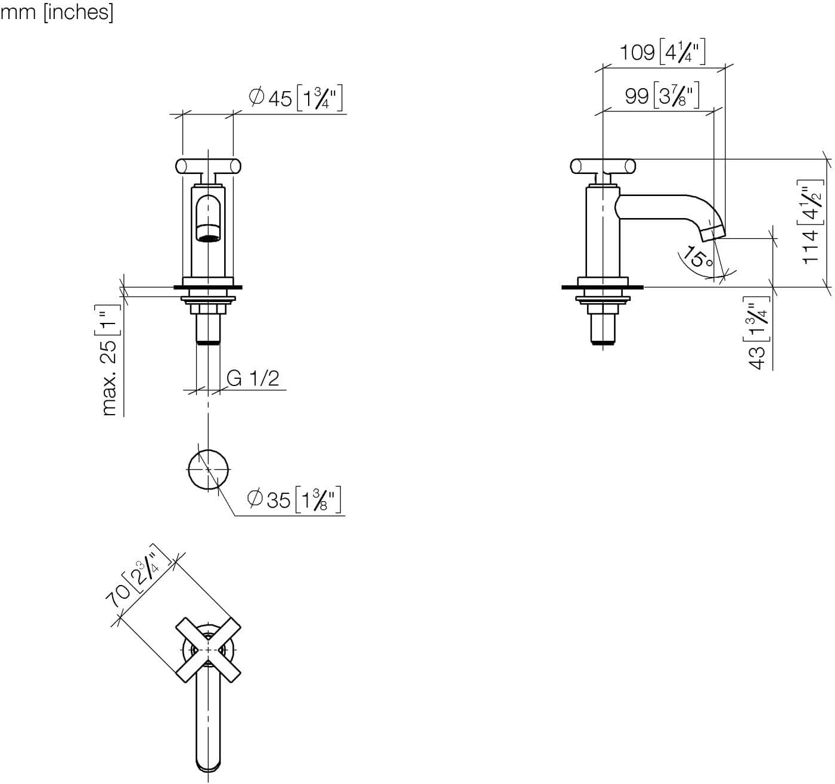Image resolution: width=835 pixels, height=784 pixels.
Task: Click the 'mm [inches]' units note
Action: (x=57, y=11)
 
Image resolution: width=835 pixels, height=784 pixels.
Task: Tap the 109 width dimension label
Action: (x=662, y=52)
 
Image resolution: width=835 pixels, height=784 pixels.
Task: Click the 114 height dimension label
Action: (x=812, y=222)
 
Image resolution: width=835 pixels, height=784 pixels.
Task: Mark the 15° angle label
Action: (x=697, y=257)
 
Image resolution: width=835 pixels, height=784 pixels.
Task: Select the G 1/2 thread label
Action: (x=253, y=378)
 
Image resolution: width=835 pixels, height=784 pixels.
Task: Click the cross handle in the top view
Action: (x=208, y=649)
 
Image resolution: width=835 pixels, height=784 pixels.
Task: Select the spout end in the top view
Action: (x=208, y=765)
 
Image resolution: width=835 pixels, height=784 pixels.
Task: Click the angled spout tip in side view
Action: (x=713, y=233)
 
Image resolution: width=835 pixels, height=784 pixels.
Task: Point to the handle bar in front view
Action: (x=208, y=164)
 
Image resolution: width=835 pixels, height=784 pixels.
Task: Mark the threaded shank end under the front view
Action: (x=208, y=341)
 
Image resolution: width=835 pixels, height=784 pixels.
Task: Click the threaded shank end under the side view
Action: (x=603, y=341)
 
